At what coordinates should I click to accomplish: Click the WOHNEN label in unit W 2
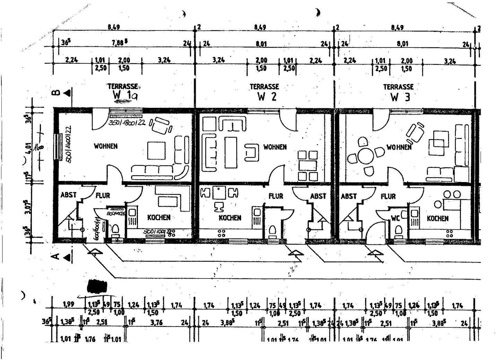(275, 147)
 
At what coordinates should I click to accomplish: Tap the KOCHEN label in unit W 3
(438, 218)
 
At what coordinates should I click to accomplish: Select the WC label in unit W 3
(395, 218)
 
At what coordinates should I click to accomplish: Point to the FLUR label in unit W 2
(276, 196)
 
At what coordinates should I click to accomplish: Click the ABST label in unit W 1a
(68, 195)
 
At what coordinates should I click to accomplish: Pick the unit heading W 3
(400, 97)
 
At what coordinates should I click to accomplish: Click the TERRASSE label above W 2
(264, 86)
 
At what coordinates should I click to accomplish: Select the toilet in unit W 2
(272, 230)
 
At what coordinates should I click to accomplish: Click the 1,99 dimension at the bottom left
(69, 305)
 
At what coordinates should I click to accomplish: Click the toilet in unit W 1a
(115, 230)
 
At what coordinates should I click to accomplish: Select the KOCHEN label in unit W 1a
(159, 217)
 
